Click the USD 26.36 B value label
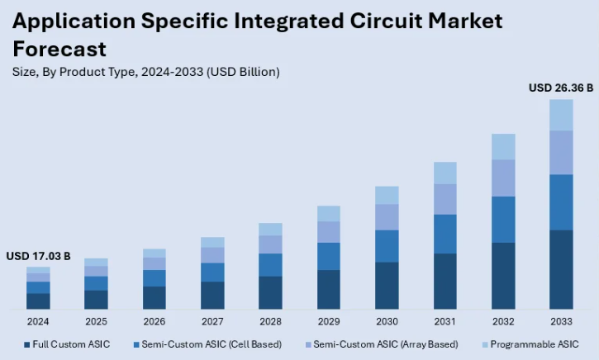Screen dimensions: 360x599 (561, 88)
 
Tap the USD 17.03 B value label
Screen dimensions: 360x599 (38, 256)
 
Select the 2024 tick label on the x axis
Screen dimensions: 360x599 (38, 320)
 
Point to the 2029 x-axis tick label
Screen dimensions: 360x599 (329, 320)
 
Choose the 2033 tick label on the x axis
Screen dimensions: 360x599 (561, 320)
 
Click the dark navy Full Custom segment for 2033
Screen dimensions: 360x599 (561, 269)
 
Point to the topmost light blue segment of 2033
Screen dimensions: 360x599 (561, 115)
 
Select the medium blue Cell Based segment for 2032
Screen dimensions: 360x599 (503, 219)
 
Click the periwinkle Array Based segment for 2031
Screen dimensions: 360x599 (445, 199)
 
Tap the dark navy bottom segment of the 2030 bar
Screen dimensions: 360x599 (387, 286)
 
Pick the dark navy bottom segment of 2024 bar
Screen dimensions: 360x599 (38, 301)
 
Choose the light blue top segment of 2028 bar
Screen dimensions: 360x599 (270, 229)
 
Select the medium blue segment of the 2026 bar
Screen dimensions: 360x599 (155, 277)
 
